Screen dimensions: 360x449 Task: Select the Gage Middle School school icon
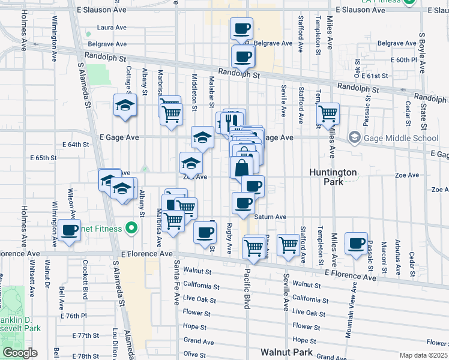coord(354,138)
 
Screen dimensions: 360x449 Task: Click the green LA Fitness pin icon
coord(411,2)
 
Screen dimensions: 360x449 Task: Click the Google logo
coord(19,353)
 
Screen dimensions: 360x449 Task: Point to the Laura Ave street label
coord(112,28)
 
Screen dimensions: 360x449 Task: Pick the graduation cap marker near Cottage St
coord(125,105)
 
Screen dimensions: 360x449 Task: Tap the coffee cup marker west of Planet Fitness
coord(69,229)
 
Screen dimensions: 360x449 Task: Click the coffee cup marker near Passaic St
coord(356,242)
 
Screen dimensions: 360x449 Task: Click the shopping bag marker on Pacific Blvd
coord(241,167)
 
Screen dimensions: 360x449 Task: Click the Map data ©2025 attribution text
coord(423,355)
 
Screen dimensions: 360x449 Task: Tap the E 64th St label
coord(76,145)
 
